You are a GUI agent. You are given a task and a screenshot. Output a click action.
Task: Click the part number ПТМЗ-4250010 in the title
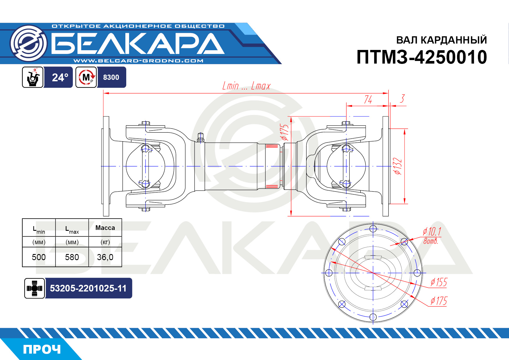(x=422, y=57)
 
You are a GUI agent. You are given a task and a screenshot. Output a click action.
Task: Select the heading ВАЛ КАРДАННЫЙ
(x=441, y=40)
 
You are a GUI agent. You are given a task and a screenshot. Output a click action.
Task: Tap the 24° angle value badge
(x=60, y=78)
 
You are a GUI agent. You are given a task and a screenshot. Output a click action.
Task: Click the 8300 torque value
(x=111, y=78)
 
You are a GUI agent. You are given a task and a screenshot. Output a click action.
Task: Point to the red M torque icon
(x=86, y=77)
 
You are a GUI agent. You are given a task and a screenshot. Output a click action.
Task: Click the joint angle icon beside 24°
(x=33, y=77)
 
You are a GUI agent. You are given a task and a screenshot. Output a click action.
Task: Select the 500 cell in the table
(x=39, y=257)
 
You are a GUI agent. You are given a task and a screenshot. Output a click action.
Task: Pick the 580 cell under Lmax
(x=72, y=257)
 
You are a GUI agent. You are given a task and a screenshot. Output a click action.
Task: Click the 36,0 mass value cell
(x=105, y=257)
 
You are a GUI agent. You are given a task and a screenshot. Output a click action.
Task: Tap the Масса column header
(x=105, y=228)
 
